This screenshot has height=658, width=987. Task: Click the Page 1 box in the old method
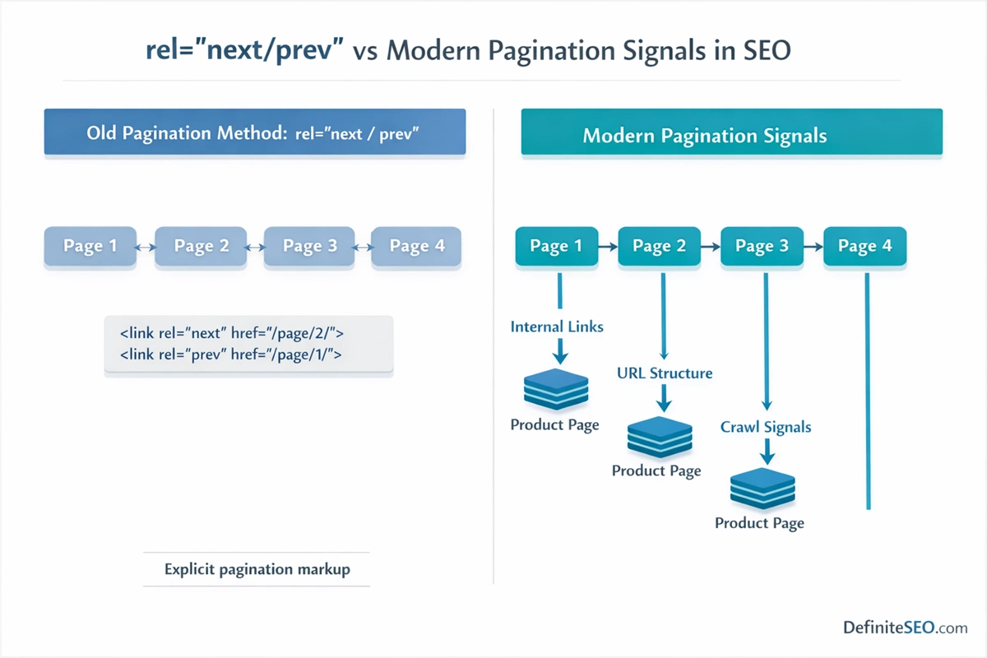[90, 246]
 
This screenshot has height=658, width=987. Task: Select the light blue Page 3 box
[309, 246]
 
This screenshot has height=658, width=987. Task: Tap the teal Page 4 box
[864, 246]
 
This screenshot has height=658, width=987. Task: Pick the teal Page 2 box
[659, 246]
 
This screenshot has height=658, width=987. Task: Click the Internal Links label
[557, 327]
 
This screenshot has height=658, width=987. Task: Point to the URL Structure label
[665, 373]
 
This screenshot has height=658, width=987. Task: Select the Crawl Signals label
[766, 427]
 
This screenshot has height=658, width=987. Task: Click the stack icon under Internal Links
[557, 389]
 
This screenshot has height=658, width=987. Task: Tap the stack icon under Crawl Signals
[762, 489]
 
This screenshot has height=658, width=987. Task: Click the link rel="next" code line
[231, 333]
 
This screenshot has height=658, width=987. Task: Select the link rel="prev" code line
[230, 354]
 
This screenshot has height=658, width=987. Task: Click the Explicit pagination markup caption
[257, 569]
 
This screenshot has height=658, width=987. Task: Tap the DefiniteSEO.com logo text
[905, 628]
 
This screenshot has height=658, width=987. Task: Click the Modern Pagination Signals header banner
[731, 135]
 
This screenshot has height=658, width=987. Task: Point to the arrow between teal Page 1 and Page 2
[608, 246]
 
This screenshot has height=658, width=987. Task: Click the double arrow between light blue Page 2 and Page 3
[255, 246]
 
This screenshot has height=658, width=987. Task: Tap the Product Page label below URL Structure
[656, 470]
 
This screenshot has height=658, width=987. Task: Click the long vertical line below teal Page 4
[868, 395]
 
